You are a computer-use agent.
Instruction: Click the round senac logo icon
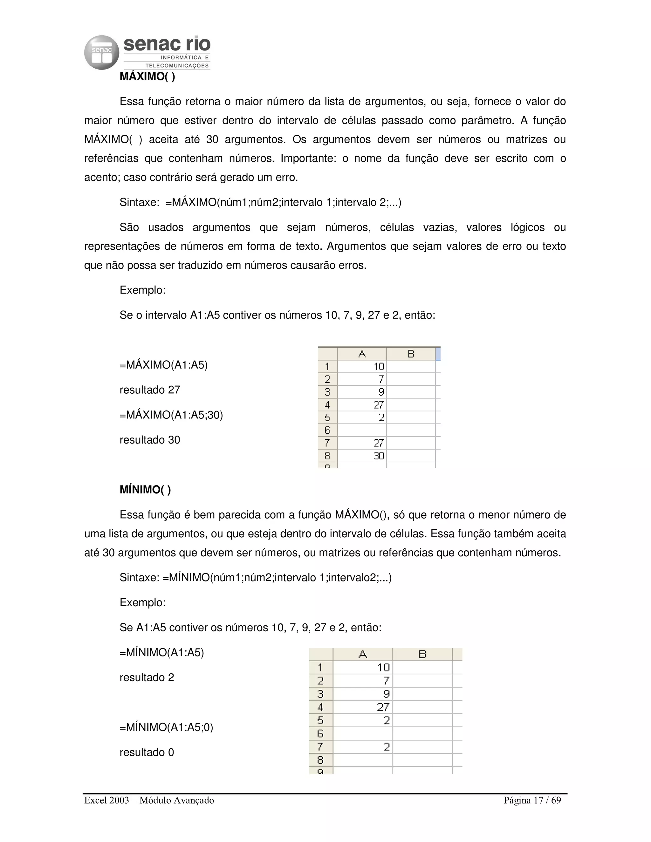[101, 52]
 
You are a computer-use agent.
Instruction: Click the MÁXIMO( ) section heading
[147, 76]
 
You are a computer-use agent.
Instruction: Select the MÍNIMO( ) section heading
[145, 490]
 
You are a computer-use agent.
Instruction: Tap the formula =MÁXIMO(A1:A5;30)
[171, 415]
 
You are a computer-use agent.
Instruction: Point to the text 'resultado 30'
[150, 440]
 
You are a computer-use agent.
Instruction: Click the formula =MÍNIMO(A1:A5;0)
[166, 727]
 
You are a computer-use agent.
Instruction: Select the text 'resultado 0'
[147, 752]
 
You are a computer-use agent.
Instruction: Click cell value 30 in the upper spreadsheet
[378, 456]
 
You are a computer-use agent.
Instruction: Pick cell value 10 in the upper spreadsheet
[379, 367]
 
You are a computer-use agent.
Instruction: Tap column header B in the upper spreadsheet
[411, 354]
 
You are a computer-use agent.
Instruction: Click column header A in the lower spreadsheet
[362, 654]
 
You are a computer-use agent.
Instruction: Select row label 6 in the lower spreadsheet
[320, 734]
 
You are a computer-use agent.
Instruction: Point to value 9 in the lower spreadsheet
[386, 694]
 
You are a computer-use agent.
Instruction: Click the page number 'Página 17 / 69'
[532, 800]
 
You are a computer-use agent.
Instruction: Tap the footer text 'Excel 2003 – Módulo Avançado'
[149, 800]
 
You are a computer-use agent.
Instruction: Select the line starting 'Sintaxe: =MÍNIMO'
[255, 578]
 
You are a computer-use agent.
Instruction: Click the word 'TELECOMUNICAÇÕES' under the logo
[177, 65]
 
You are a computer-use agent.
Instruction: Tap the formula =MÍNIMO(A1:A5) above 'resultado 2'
[161, 652]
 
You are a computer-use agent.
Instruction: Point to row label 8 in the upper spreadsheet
[327, 456]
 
